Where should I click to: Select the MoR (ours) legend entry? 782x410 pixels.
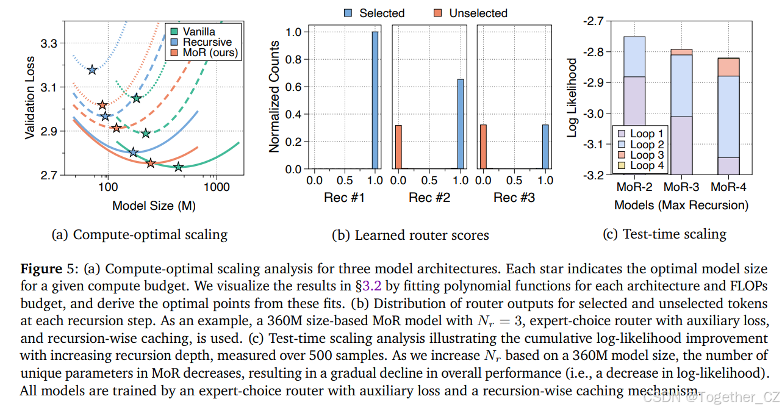(x=207, y=53)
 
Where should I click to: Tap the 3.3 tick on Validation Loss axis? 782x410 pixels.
(x=49, y=43)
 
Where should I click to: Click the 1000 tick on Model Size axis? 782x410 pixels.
(x=214, y=188)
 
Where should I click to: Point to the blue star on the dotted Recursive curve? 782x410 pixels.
(x=92, y=70)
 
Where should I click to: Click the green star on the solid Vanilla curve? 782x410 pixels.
(x=178, y=167)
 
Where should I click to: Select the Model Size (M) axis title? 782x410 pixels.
(x=154, y=206)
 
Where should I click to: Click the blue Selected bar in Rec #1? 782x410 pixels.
(x=375, y=100)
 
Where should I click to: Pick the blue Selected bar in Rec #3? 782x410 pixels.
(x=545, y=147)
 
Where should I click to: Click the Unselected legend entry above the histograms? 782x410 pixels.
(x=478, y=13)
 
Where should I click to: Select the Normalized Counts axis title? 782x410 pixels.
(x=274, y=96)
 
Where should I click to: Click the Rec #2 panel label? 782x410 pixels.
(x=429, y=198)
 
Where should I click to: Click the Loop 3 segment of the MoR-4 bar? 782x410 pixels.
(x=728, y=67)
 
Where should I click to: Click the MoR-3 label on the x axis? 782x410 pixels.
(x=681, y=187)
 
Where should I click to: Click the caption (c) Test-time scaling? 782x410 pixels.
(x=675, y=234)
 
